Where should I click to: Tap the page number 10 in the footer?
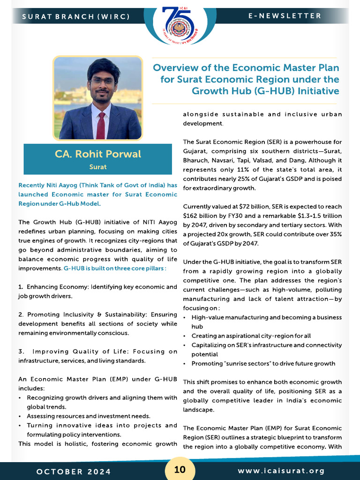180,470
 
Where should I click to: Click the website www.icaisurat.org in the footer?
281,471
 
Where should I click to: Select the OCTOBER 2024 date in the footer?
74,471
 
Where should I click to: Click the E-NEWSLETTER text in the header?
285,16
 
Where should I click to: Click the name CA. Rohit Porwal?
98,154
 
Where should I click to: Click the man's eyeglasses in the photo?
103,81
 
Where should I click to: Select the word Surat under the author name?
98,166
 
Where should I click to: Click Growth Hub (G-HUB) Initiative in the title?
266,90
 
